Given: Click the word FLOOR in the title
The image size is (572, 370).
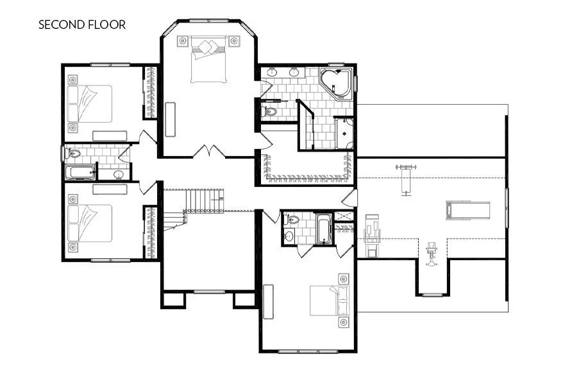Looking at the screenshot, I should [x=108, y=25].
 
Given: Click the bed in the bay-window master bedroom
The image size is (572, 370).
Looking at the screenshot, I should [x=208, y=60].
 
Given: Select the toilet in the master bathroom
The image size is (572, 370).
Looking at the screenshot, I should [x=270, y=112].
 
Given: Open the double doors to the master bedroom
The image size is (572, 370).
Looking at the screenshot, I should [x=209, y=152].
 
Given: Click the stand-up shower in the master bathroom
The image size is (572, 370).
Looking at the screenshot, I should [x=345, y=133].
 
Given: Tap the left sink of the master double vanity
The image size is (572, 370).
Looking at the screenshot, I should [x=272, y=72].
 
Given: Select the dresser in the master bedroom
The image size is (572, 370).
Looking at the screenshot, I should [x=171, y=119].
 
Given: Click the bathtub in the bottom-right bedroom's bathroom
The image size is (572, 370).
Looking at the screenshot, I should [x=323, y=229].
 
